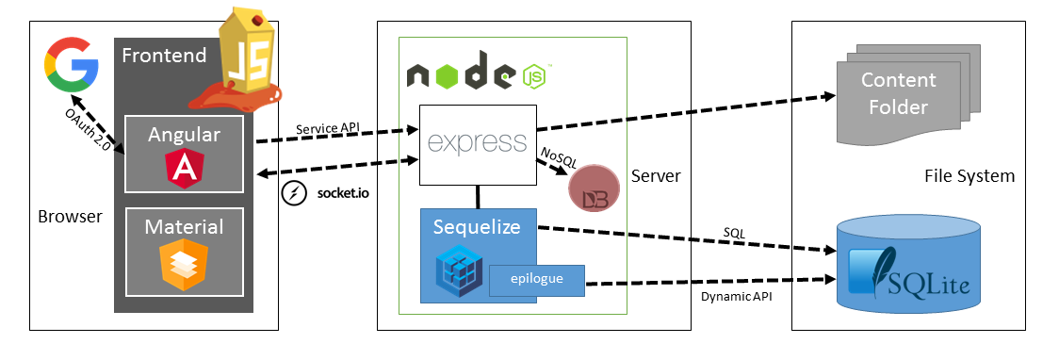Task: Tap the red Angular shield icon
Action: [184, 168]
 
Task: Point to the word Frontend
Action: [164, 56]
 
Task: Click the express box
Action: [477, 143]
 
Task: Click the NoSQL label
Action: [558, 158]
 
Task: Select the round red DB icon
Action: [592, 188]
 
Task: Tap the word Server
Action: [656, 176]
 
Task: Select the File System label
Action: [969, 176]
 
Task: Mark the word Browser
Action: [69, 217]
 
